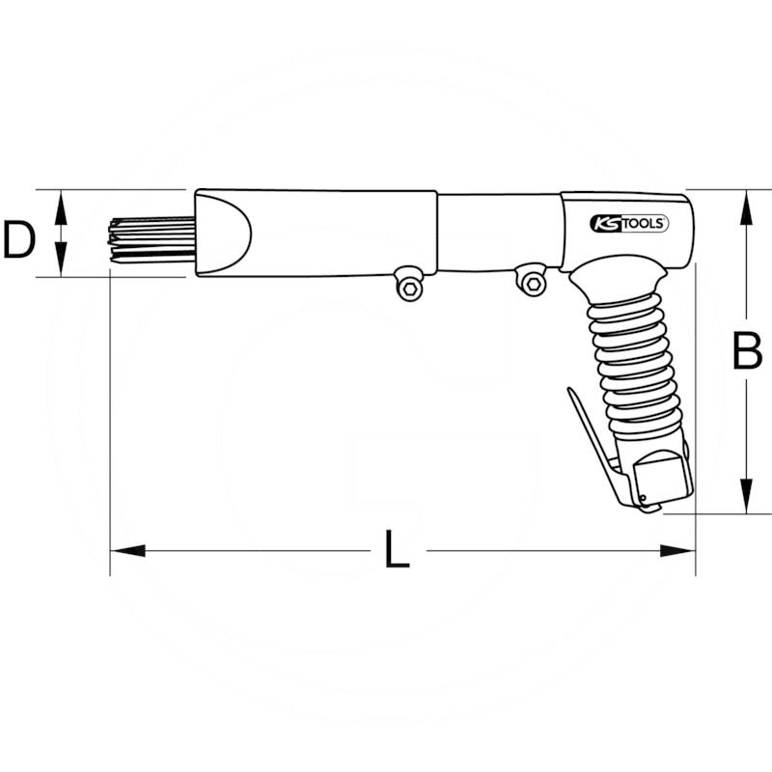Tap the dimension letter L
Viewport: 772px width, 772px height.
click(396, 551)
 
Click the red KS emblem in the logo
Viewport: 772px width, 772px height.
click(604, 224)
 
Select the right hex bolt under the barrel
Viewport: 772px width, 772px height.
click(531, 280)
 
